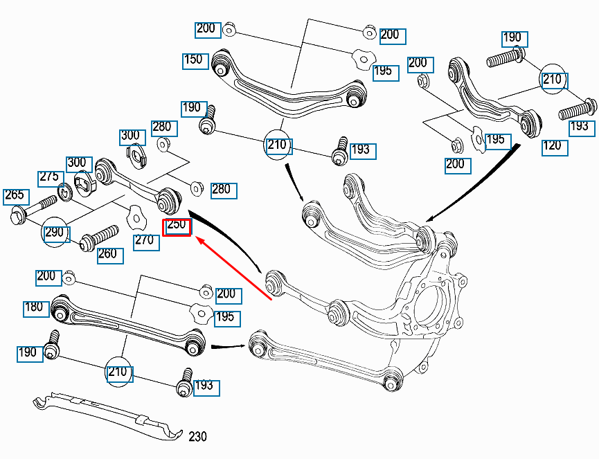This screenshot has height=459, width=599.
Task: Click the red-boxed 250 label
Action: point(177,228)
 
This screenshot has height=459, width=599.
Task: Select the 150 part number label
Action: point(195,61)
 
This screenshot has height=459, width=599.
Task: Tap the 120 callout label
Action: point(555,148)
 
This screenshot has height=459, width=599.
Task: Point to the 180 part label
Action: point(36,309)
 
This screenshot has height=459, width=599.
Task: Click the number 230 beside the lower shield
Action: point(197,436)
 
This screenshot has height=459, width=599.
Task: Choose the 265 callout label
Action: point(17,197)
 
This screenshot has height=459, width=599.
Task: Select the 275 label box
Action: point(51,179)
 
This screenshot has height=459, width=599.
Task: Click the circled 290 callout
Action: point(55,232)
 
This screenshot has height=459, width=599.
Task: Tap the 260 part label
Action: point(110,256)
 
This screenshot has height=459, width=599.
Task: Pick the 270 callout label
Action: point(146,242)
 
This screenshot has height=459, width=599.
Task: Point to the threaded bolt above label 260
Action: point(99,238)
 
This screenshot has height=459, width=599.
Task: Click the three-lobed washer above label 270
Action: point(136,217)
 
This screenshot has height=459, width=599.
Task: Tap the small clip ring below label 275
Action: point(66,192)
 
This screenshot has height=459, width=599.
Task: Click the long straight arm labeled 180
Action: point(128,325)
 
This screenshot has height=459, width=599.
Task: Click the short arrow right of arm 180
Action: point(229,347)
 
